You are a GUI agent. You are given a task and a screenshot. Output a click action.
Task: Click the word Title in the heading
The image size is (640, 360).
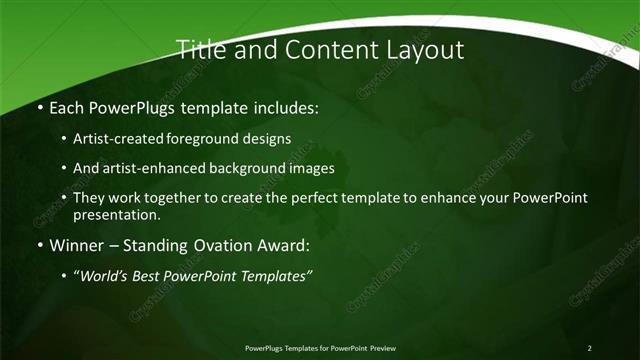coord(198,49)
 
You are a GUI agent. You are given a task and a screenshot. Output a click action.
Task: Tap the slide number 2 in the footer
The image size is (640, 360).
coord(589,347)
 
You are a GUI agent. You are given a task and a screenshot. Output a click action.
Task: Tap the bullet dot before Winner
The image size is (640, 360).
coord(39,244)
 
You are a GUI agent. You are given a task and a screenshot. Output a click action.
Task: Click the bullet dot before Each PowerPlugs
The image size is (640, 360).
coord(39,107)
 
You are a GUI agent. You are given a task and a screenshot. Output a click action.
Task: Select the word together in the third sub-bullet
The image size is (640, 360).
coord(171,198)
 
